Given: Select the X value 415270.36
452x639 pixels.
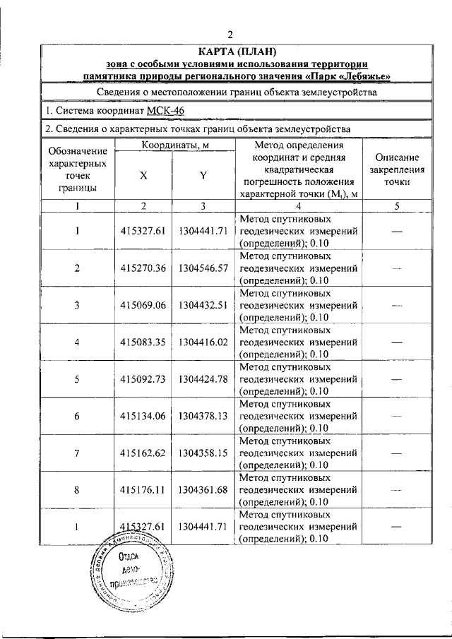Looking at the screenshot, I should click(143, 268).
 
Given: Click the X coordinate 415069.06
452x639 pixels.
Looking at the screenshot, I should click(143, 304).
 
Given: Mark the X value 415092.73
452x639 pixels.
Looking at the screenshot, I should click(143, 378).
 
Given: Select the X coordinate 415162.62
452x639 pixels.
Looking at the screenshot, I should click(143, 452).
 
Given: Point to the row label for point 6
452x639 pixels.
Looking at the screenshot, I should click(77, 415).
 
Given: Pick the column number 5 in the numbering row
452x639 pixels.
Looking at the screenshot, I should click(397, 205).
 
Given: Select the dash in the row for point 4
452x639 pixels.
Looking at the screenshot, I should click(397, 341).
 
